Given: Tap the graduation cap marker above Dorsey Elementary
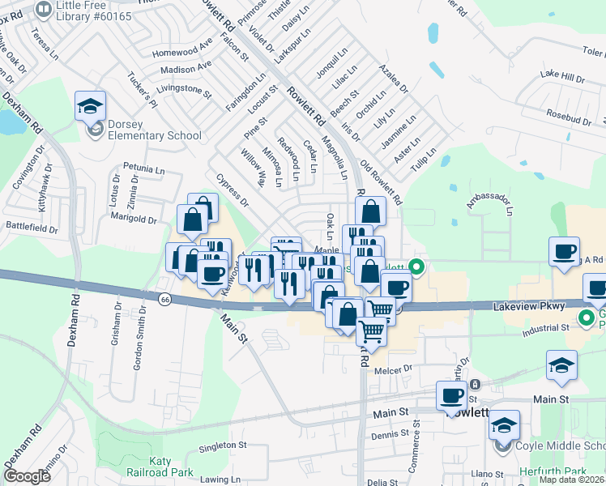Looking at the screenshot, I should pos(91,106).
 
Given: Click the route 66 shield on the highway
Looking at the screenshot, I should pos(165,299).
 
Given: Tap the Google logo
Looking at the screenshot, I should pos(27,476).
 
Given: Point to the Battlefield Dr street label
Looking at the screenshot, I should pos(32,228).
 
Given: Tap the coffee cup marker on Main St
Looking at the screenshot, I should pos(451,396).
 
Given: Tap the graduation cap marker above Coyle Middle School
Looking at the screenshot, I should pos(504,424).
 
